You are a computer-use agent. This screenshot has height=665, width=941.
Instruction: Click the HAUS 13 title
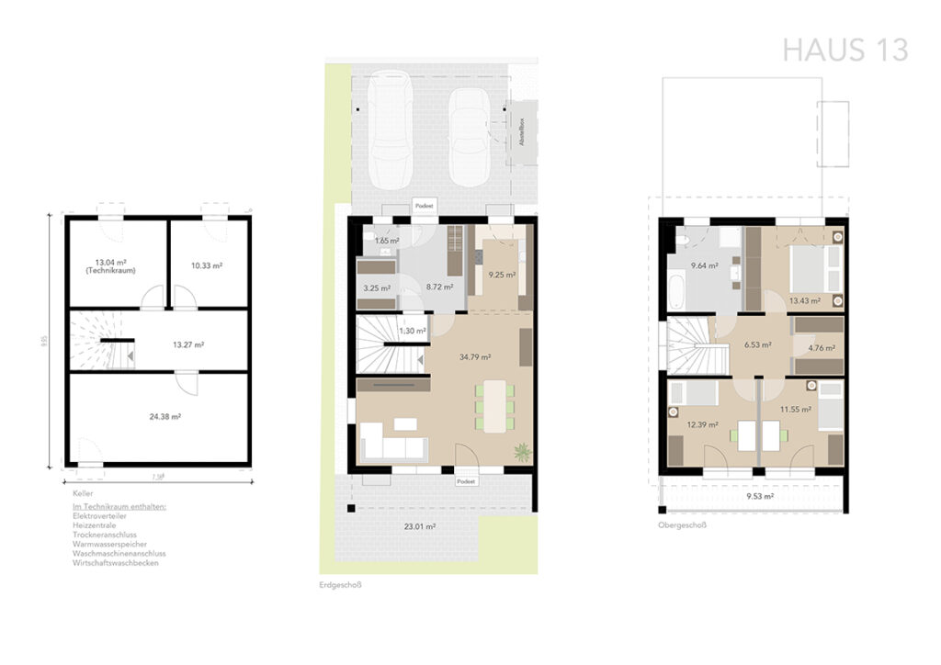(x=845, y=49)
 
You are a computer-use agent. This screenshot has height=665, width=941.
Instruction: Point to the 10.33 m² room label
(x=207, y=265)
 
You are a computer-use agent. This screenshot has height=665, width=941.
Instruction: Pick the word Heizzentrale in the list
(x=96, y=525)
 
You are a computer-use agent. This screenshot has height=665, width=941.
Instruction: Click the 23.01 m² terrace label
(x=421, y=527)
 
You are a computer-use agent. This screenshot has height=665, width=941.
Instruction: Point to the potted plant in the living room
(x=522, y=451)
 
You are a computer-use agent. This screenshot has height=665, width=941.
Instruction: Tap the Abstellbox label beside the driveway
(x=522, y=133)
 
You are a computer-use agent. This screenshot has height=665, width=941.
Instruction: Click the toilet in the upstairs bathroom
(x=683, y=241)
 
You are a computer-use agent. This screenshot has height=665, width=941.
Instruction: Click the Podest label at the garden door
(x=466, y=480)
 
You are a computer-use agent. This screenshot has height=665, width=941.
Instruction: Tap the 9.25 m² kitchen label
(x=502, y=274)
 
